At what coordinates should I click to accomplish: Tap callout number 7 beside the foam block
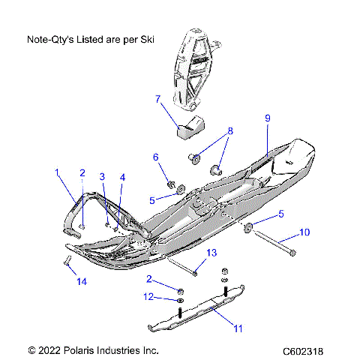pos(157,98)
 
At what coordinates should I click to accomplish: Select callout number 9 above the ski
pos(266,118)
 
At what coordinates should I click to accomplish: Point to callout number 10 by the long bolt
pos(304,232)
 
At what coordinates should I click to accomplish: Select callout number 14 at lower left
pos(81,282)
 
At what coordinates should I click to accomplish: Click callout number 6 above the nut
pos(156,157)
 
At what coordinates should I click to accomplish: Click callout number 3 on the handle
pos(103,176)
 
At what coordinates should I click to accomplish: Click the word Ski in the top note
pos(147,39)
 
